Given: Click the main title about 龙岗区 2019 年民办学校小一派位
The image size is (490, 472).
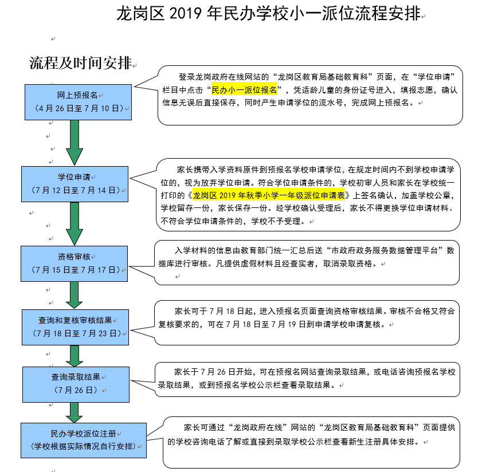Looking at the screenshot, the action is pos(268,14).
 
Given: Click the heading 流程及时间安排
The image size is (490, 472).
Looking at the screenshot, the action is pos(81,63).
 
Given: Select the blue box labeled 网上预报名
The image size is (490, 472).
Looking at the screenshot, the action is pos(78,102).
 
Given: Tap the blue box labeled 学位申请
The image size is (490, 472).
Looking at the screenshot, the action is pos(75,184).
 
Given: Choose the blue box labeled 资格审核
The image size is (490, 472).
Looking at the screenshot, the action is pos(75,263).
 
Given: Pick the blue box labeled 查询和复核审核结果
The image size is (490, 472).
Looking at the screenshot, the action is pos(75,328).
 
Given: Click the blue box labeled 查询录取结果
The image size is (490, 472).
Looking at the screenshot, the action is pos(76,384).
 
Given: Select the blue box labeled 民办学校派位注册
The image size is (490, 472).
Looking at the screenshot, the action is pos(84,440).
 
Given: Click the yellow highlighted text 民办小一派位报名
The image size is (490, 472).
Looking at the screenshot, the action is pos(244,90).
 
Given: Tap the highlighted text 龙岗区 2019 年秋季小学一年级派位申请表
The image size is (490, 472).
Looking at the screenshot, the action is pos(269,195).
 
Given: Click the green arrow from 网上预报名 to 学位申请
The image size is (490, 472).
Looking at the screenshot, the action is pos(75,143).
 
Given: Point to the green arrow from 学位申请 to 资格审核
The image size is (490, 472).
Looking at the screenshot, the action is pos(75,223).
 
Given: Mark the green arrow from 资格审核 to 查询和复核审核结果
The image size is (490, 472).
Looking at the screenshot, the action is pos(75,295).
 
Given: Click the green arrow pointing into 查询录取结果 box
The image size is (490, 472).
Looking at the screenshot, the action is pos(75,356).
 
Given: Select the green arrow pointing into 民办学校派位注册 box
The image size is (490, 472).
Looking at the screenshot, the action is pos(75,412).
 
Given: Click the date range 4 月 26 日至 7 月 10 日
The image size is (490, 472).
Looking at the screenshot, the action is pos(79,108).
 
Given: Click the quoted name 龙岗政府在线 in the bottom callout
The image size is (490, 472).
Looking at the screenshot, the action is pos(258,427).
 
